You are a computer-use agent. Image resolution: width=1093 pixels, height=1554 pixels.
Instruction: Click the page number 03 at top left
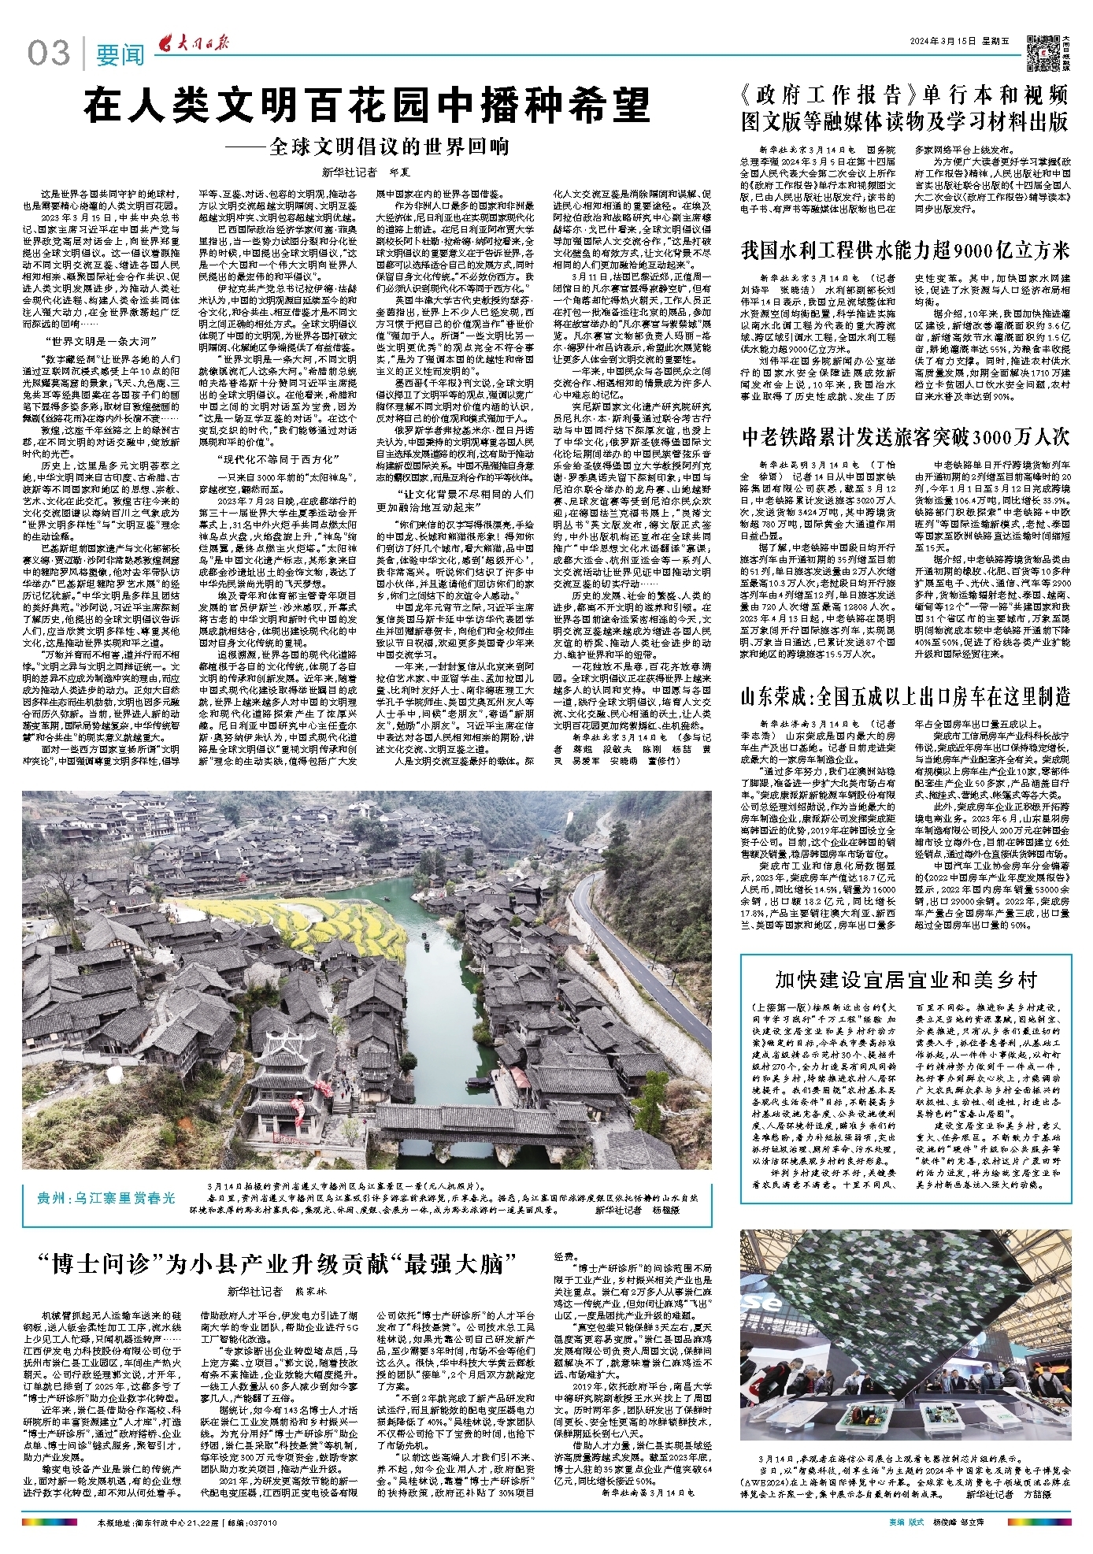49,54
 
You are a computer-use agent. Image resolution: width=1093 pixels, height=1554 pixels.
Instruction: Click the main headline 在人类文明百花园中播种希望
367,106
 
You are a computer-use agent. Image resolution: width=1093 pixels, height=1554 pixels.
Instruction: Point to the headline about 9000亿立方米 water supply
905,250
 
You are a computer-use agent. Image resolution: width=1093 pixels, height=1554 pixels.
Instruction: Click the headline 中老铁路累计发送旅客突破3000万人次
905,436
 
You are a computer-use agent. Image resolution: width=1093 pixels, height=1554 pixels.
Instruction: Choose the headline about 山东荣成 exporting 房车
905,695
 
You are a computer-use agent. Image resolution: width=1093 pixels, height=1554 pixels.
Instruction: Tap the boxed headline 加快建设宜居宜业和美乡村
906,979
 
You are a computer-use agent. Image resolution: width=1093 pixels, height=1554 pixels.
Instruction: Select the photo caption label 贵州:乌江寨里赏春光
106,1198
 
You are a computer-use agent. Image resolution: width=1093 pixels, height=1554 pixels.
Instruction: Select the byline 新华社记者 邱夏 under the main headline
366,172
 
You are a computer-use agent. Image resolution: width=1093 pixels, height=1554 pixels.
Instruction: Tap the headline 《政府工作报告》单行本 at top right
905,108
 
